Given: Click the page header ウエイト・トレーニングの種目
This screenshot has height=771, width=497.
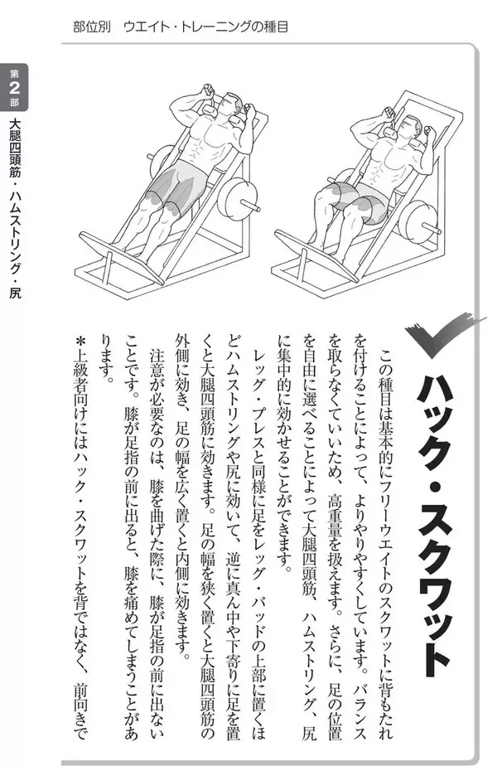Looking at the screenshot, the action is click(x=205, y=27).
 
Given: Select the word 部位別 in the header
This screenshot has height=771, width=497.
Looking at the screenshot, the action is click(x=92, y=27).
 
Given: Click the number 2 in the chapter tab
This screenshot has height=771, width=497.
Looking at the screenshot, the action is click(x=14, y=88).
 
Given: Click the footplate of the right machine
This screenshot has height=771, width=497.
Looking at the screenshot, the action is click(x=312, y=255).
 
